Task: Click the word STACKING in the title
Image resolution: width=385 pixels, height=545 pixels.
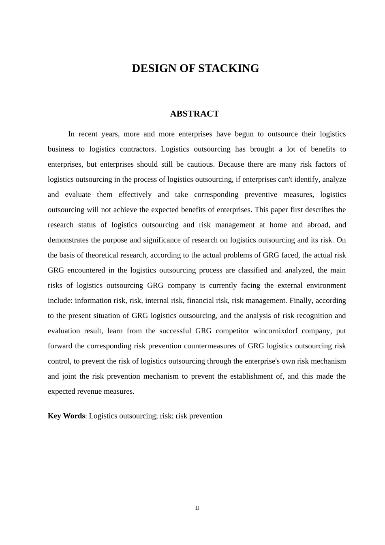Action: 229,69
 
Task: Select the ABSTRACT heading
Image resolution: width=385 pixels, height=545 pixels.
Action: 195,114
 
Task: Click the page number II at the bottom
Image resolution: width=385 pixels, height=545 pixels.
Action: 197,508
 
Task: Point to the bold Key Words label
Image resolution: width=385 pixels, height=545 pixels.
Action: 66,416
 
